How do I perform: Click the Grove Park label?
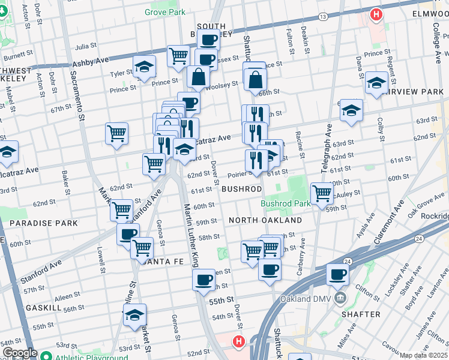pos(165,12)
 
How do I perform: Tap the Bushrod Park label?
pos(286,203)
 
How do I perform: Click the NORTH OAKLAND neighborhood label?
pos(265,220)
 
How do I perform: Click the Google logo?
pos(19,353)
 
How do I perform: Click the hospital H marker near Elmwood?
pos(376,14)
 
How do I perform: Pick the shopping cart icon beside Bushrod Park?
pos(322,193)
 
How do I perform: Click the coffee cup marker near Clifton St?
pos(337,275)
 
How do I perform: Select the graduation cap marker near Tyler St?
pos(144,67)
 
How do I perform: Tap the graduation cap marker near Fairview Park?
pos(376,83)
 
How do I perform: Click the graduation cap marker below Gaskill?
pos(135,314)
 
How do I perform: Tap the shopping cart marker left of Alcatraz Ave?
pos(116,133)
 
